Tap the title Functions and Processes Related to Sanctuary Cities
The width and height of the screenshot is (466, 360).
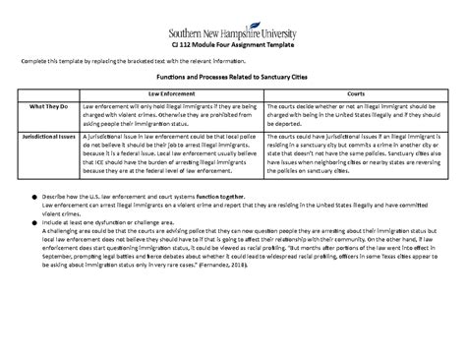(x=233, y=76)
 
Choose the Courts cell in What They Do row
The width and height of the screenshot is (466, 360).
(x=343, y=112)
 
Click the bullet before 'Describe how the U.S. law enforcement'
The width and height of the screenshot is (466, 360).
(x=33, y=196)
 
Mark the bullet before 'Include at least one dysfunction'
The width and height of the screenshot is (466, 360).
(x=33, y=223)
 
